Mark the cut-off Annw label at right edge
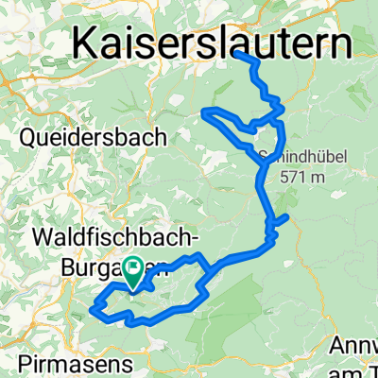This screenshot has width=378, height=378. pos(357,346)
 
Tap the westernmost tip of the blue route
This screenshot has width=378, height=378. pos(92,307)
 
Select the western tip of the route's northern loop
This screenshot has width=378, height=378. pos(202,112)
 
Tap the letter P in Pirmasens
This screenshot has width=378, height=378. pos(23,363)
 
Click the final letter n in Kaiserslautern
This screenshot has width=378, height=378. pos(336,43)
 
